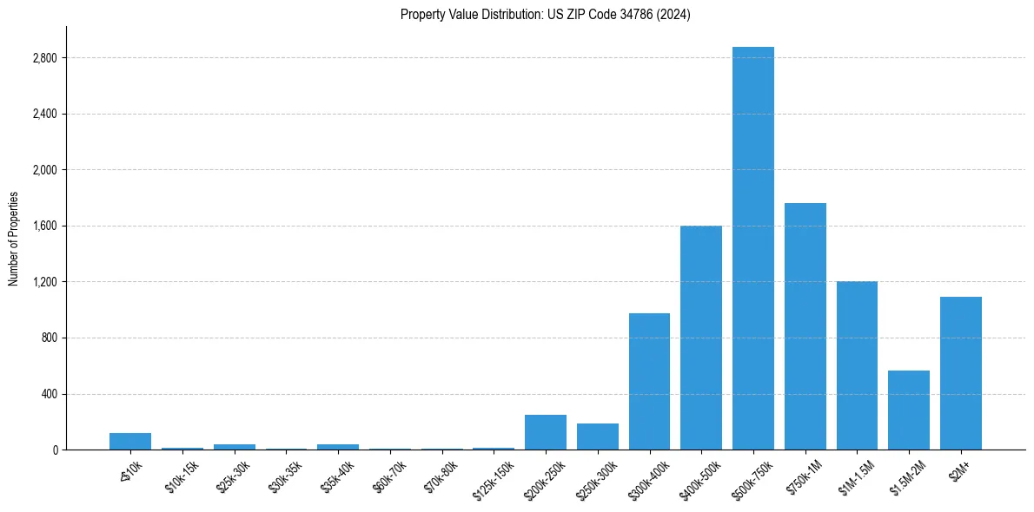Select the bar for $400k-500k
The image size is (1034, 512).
coord(700,338)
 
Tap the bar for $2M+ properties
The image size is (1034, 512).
coord(960,373)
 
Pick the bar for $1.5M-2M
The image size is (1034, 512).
coord(908,410)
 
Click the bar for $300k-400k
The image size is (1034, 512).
coord(649,381)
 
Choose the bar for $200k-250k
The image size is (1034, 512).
coord(545,432)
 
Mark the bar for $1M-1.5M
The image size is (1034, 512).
coord(857,365)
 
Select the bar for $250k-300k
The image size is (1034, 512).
coord(597,437)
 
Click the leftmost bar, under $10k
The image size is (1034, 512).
coord(130,441)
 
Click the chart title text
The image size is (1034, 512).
coord(545,15)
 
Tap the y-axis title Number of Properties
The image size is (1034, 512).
coord(14,239)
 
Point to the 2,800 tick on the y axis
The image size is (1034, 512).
coord(43,58)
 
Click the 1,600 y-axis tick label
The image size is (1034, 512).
coord(43,226)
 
